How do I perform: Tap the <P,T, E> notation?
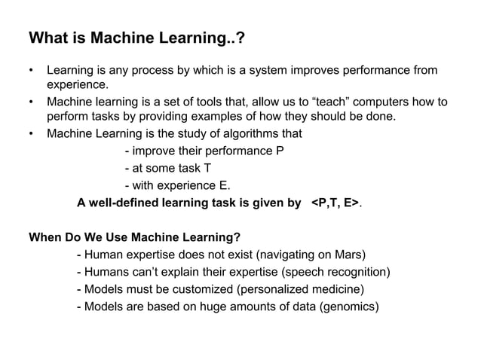click(x=335, y=203)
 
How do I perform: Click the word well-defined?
click(x=124, y=203)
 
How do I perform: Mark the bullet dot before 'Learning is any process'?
click(x=31, y=71)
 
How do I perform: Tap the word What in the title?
click(x=46, y=38)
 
